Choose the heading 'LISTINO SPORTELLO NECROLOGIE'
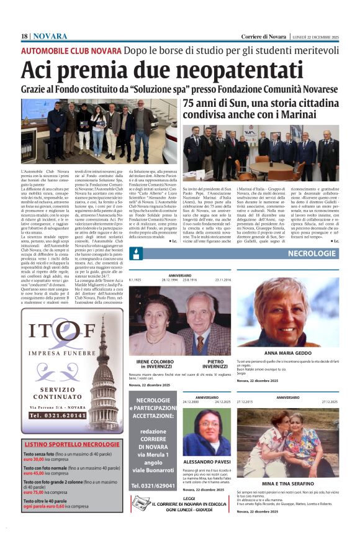point(71,445)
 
